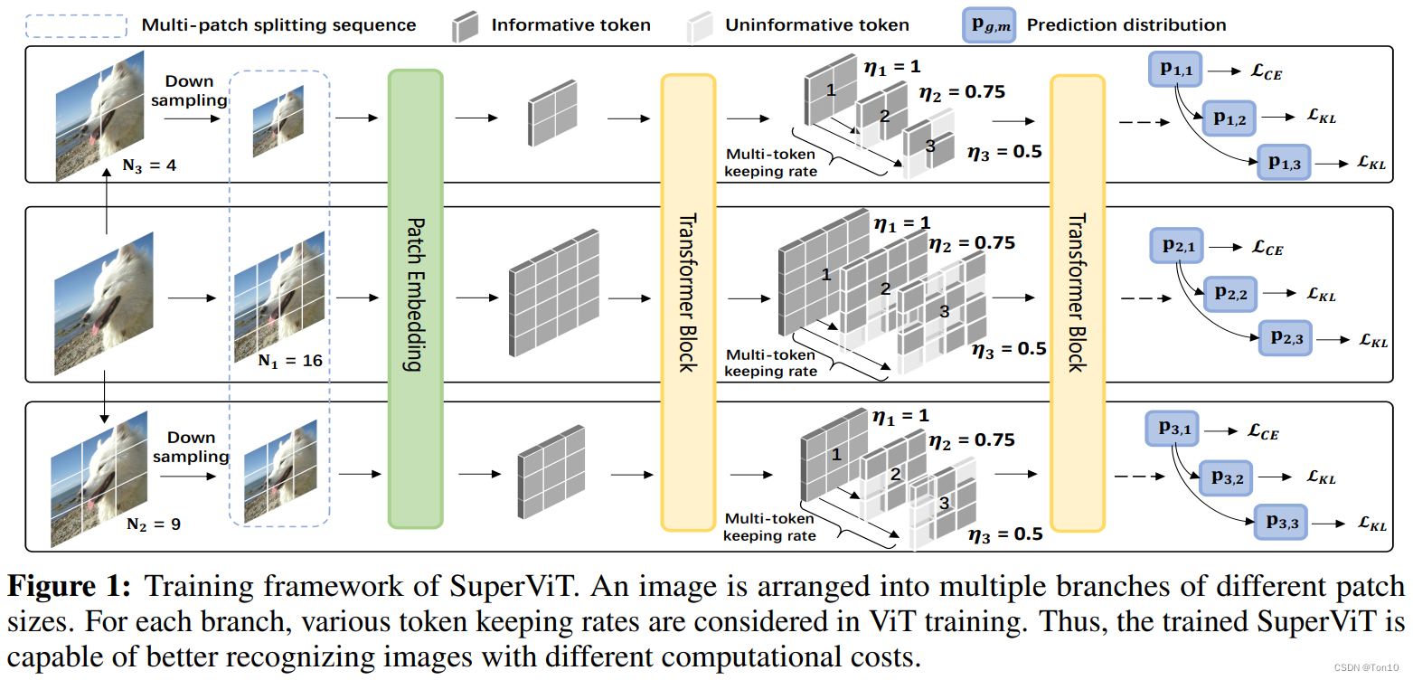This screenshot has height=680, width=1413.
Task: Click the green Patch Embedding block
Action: pos(415,298)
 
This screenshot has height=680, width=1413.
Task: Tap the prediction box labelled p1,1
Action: pos(1176,70)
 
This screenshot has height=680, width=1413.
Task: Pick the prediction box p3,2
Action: pos(1226,476)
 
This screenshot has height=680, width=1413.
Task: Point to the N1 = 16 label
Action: pos(289,360)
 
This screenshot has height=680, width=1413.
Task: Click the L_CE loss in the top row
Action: pos(1265,71)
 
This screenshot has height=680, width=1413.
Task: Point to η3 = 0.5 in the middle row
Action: pos(1008,349)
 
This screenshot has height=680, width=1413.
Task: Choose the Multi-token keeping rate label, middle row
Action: pos(771,363)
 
